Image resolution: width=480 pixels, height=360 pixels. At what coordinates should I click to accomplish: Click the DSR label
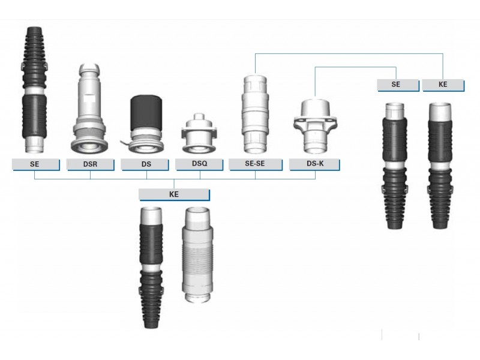pyautogui.click(x=91, y=164)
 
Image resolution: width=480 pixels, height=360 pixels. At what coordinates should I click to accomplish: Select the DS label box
pyautogui.click(x=145, y=164)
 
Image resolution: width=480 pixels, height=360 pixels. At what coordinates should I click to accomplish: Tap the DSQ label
pyautogui.click(x=199, y=164)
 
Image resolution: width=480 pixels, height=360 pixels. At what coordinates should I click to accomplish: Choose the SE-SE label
pyautogui.click(x=256, y=164)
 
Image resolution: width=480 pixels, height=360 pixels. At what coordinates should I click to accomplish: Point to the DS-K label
pyautogui.click(x=314, y=164)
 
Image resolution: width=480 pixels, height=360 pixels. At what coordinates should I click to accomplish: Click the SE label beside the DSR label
pyautogui.click(x=35, y=164)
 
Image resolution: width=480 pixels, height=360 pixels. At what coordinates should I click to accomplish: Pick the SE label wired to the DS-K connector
pyautogui.click(x=398, y=85)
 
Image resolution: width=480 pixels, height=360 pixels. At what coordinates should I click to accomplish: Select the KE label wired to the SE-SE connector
pyautogui.click(x=443, y=85)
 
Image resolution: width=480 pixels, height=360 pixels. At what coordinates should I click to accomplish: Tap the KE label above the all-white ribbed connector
pyautogui.click(x=174, y=194)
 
